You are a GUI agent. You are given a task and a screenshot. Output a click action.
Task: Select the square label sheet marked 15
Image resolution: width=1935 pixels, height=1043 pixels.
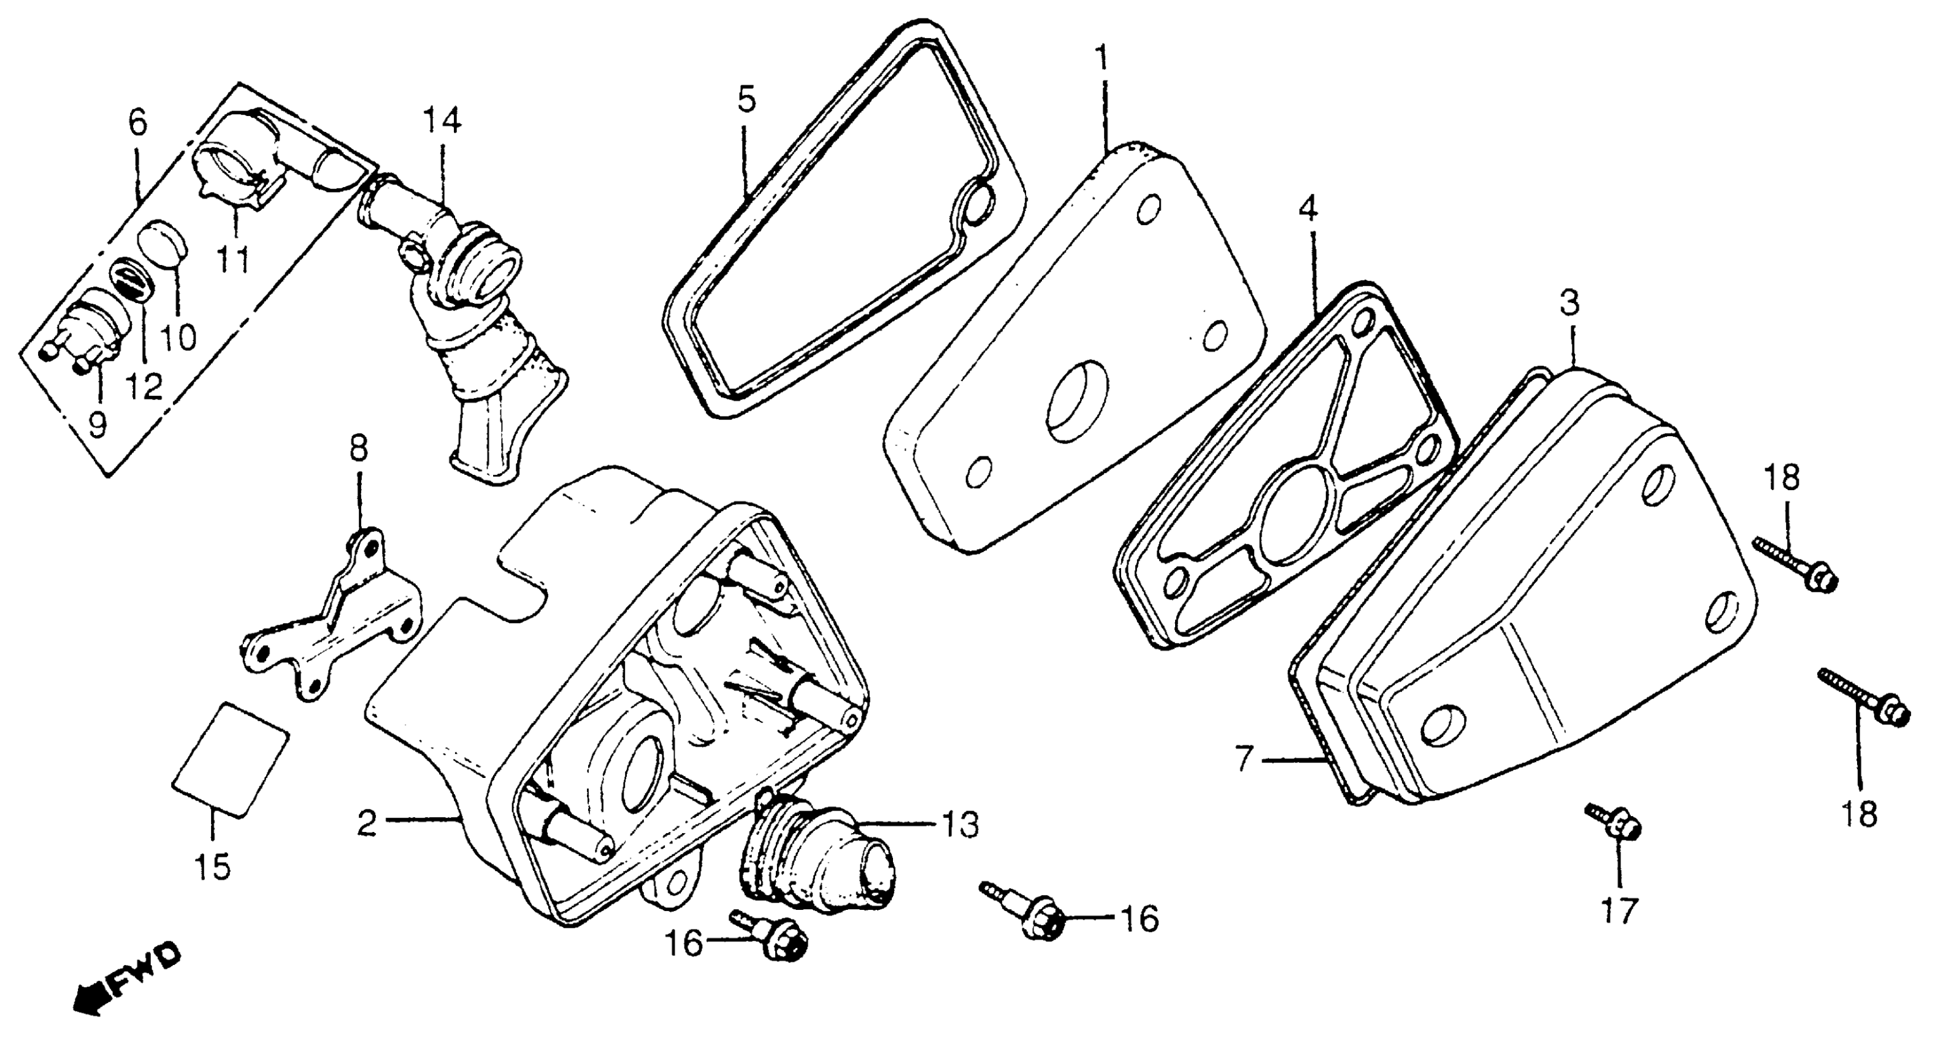[231, 759]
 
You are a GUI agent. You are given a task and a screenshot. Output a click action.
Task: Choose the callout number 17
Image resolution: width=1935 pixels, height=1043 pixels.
[1619, 912]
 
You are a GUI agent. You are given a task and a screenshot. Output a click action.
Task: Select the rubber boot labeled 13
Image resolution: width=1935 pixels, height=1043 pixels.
[819, 856]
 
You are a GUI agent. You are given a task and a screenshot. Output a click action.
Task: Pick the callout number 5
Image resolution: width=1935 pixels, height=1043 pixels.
[746, 98]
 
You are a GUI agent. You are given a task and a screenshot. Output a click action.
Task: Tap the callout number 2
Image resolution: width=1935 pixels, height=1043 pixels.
[367, 825]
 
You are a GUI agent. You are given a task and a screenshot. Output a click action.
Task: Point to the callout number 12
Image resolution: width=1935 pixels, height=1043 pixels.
[144, 387]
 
